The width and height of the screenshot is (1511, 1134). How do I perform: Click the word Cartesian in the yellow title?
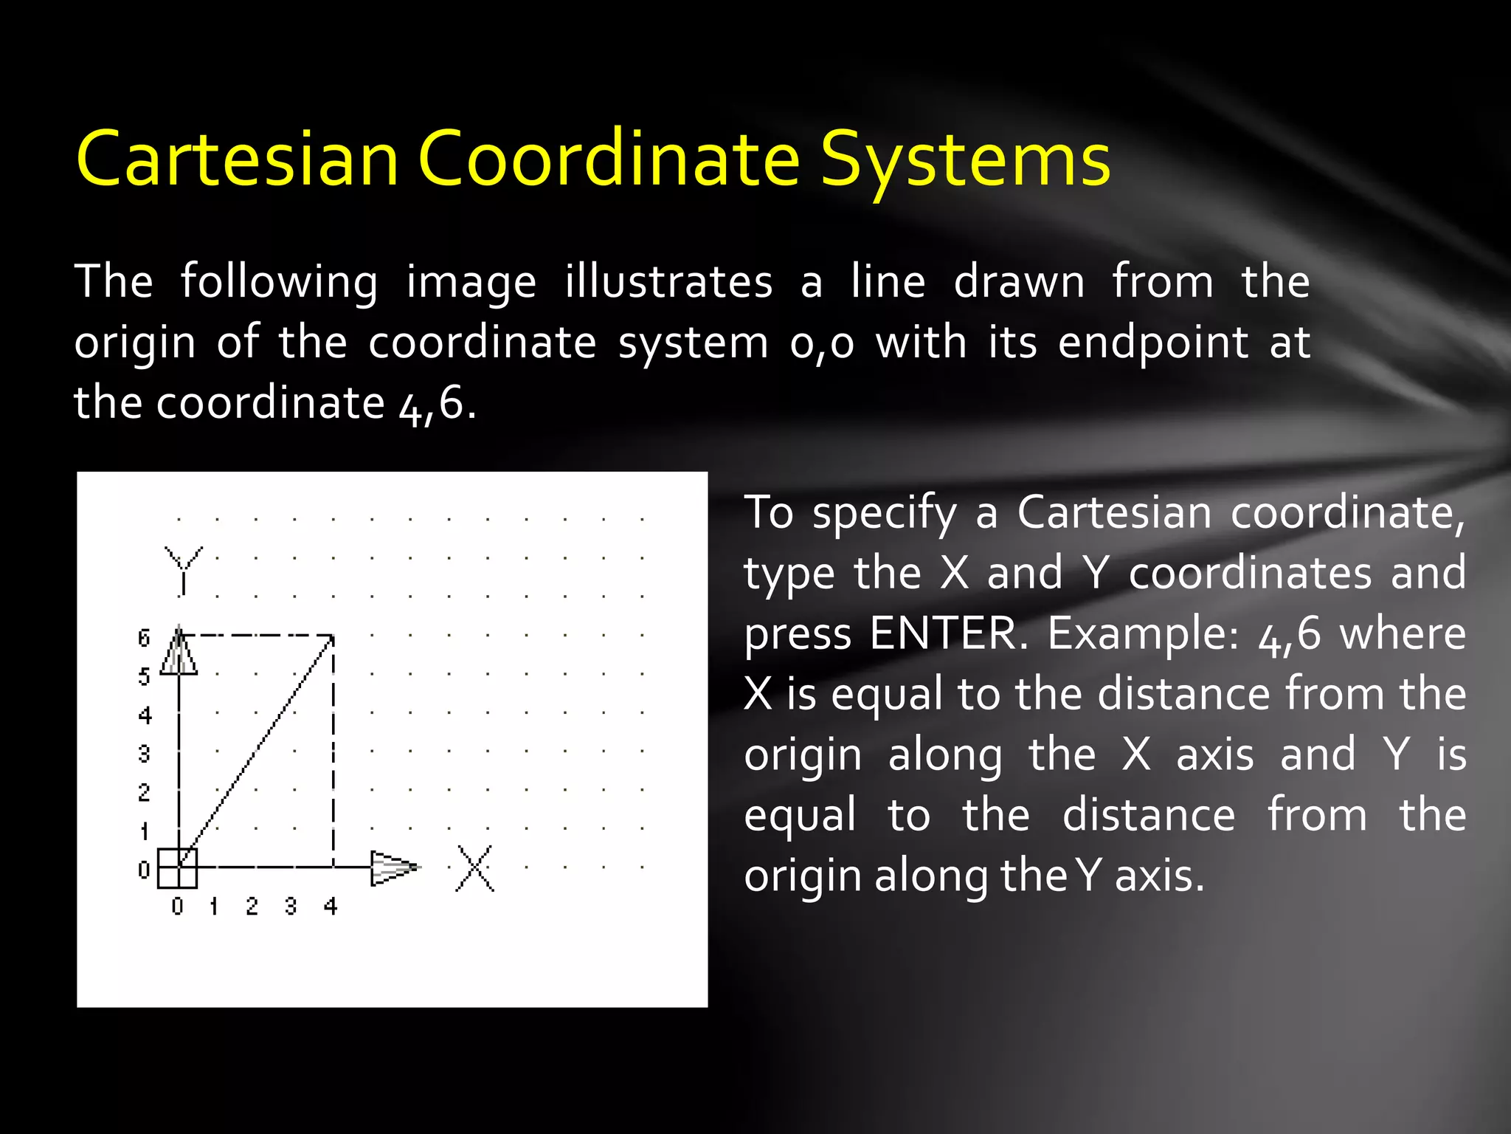238,159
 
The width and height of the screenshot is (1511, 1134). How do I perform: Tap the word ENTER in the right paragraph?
947,633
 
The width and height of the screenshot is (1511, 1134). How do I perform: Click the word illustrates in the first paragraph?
668,282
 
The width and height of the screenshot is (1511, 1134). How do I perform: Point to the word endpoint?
1153,343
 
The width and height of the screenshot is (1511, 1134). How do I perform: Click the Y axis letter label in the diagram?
183,568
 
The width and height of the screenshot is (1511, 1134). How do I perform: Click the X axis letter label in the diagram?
474,868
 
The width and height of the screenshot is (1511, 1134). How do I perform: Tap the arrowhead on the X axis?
393,867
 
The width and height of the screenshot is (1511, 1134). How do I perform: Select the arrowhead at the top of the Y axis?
179,651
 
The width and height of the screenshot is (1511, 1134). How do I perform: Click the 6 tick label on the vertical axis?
144,638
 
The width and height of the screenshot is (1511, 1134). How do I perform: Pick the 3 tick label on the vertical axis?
144,754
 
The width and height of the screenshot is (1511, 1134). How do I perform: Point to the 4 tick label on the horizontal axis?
331,906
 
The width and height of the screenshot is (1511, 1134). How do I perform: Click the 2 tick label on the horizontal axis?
252,906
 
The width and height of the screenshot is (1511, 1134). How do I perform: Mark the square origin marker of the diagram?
178,867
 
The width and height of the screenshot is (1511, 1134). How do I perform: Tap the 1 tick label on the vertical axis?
144,831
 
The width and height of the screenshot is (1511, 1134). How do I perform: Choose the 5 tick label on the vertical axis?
144,676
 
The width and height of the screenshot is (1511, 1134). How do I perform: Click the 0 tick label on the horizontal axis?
177,906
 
